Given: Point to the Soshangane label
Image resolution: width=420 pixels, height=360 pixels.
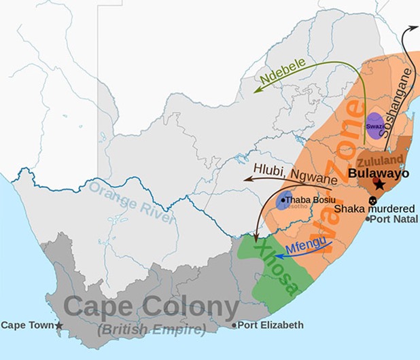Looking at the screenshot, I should (x=398, y=102).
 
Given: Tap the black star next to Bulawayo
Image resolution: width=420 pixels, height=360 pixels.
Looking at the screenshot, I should (x=379, y=185).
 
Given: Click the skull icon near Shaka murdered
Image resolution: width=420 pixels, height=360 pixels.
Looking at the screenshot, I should (x=372, y=201).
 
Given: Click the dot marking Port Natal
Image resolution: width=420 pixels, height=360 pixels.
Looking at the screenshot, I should (x=368, y=219).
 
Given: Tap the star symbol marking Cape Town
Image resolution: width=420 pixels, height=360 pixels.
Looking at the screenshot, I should (x=59, y=326).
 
